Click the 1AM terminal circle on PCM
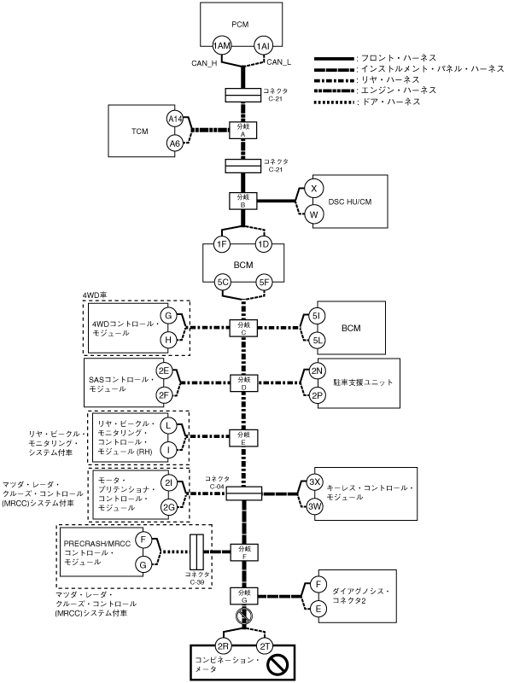222,46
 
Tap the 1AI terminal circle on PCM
263,46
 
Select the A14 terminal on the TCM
175,119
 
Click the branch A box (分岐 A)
243,131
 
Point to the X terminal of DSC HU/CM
313,189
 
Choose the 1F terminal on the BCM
222,244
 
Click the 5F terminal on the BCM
264,283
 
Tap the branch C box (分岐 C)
243,328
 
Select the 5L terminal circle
317,340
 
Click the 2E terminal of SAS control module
164,371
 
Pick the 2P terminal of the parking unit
317,395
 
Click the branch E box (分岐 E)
243,437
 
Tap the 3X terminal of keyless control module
314,482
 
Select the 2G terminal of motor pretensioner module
168,507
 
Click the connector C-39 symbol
197,552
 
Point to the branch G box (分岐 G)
244,596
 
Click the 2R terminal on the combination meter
224,646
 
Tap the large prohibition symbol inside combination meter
277,665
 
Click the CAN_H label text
204,63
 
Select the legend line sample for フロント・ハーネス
334,58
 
